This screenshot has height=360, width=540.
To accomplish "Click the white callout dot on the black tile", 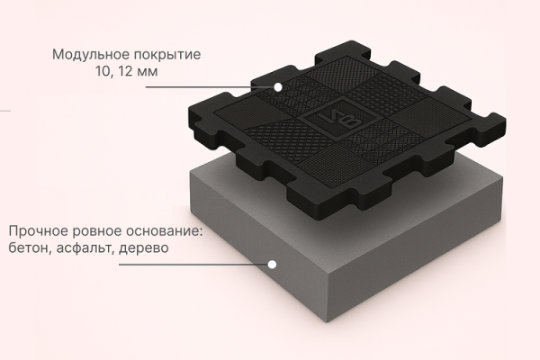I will (279, 87).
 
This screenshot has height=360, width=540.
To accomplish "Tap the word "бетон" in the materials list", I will (30, 247).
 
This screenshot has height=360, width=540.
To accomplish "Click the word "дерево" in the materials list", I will (144, 247).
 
